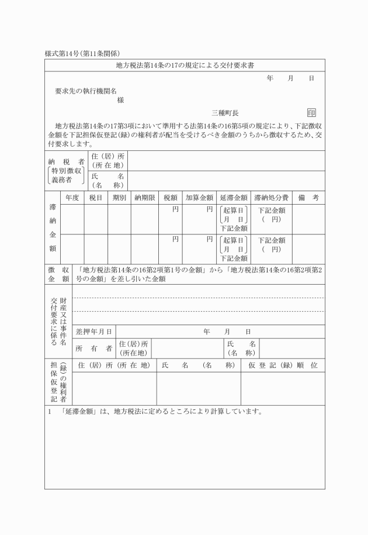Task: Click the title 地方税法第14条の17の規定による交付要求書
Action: click(x=185, y=64)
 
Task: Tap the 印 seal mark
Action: click(x=311, y=113)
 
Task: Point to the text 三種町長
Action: click(x=225, y=113)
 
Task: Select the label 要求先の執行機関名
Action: click(x=86, y=91)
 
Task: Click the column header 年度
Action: click(x=72, y=198)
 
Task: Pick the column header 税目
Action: click(x=96, y=198)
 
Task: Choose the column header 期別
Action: click(x=119, y=198)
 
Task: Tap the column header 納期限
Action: click(x=144, y=198)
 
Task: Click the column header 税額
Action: click(x=171, y=198)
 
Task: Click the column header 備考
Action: click(x=308, y=198)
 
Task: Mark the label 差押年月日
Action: click(x=93, y=332)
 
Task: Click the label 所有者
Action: click(x=93, y=348)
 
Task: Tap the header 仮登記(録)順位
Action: click(x=283, y=365)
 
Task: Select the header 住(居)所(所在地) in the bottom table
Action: click(x=114, y=365)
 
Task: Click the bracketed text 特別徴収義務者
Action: click(x=65, y=175)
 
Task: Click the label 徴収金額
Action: click(x=58, y=274)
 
